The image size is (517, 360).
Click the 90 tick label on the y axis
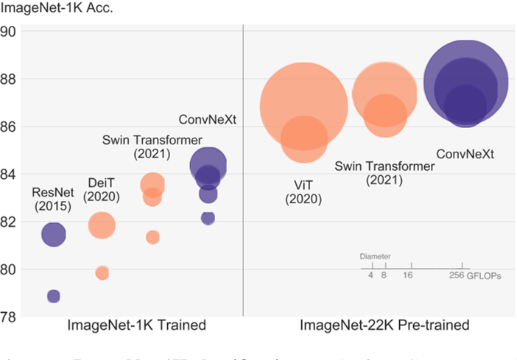(10, 32)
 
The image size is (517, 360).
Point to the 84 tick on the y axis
(10, 174)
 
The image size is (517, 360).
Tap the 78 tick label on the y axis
(10, 317)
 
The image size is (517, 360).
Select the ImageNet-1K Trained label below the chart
(136, 325)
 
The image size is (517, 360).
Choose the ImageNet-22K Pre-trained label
(384, 325)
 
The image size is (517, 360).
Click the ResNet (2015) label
(52, 200)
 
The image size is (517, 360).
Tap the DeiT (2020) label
(101, 188)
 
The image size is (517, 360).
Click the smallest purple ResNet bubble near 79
(53, 296)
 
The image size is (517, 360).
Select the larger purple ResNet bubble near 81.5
(53, 235)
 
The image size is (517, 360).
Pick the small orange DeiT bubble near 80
(102, 273)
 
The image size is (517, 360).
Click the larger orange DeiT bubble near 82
(102, 225)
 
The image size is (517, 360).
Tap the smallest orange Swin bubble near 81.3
(152, 237)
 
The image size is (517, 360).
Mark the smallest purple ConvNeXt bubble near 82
(208, 218)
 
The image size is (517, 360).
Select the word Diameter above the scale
(375, 257)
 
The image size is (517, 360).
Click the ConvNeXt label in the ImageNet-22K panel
(465, 154)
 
